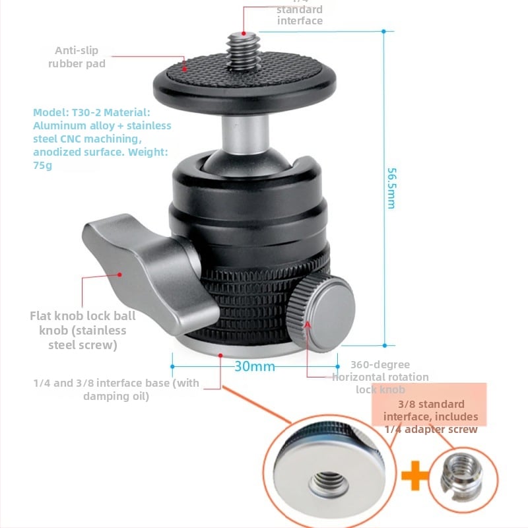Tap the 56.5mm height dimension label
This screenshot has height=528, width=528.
click(391, 188)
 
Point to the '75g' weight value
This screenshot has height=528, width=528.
click(42, 166)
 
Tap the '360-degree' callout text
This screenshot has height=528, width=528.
click(379, 364)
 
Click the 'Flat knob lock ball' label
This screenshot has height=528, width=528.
click(82, 316)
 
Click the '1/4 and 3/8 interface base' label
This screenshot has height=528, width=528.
click(116, 383)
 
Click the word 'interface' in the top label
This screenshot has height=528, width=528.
click(300, 20)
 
